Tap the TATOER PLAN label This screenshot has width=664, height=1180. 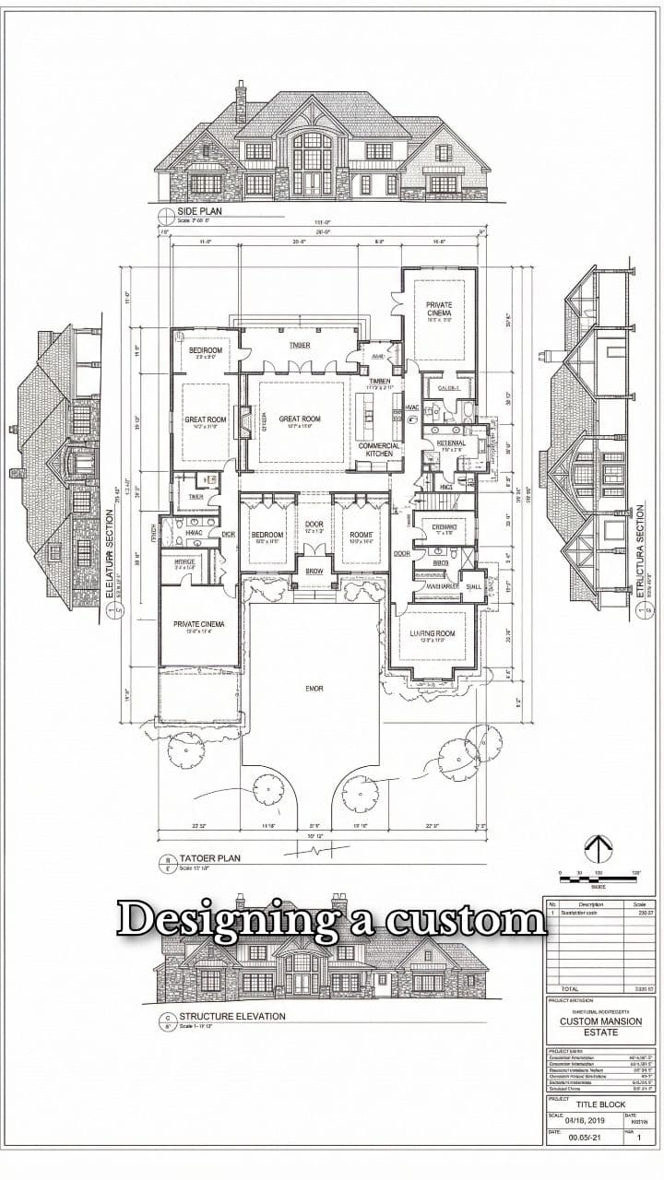tap(209, 857)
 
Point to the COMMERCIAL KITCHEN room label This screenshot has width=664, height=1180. tap(379, 449)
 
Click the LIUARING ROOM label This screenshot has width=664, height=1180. tap(432, 633)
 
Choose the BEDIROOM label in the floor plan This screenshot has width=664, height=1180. tap(206, 350)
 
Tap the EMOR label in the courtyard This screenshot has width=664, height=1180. tap(314, 688)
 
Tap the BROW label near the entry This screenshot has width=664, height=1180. tap(314, 572)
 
